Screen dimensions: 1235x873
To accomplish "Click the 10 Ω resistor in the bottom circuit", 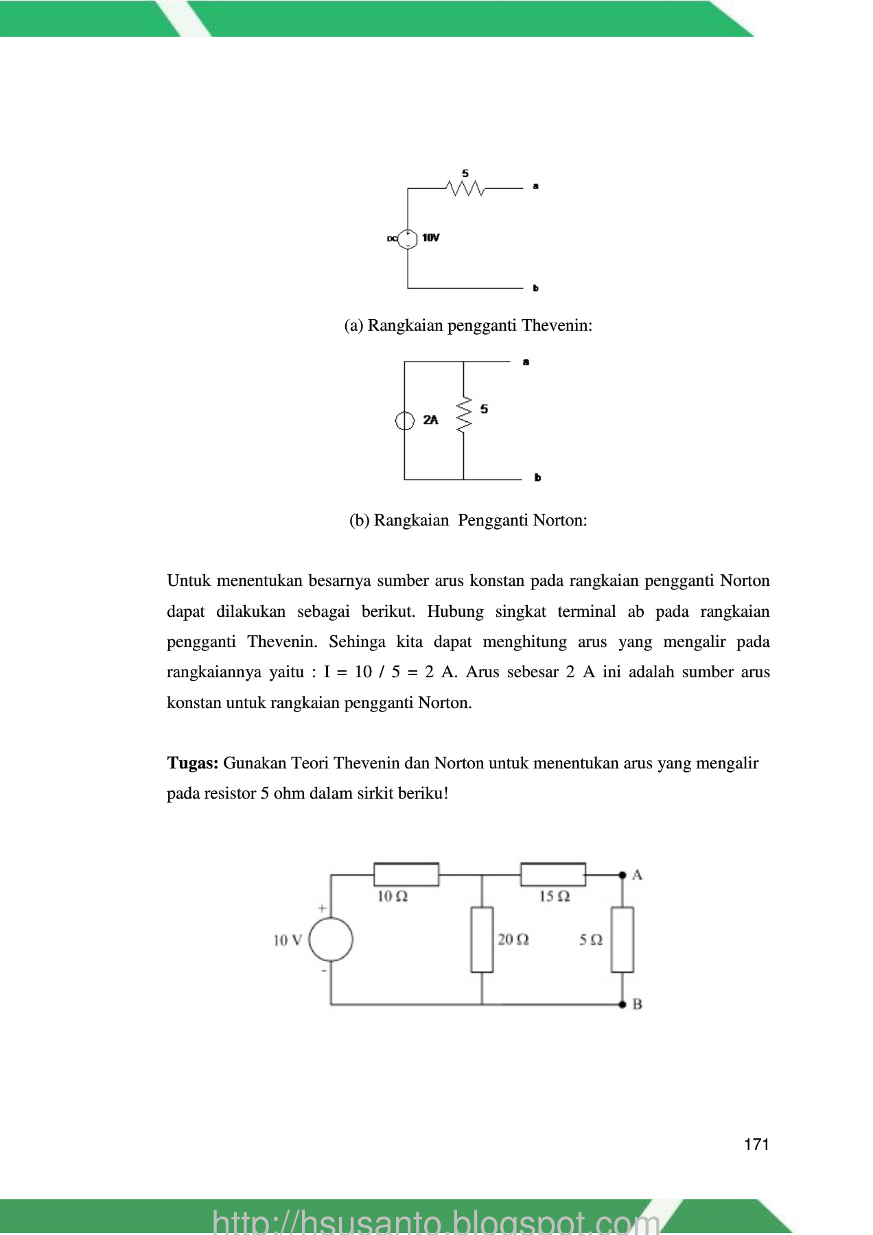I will [406, 875].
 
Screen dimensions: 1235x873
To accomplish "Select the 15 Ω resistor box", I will [553, 875].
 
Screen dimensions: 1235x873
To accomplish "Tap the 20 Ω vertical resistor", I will [482, 939].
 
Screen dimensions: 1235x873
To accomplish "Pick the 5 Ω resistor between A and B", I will [622, 939].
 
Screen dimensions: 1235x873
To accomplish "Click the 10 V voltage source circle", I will [331, 940].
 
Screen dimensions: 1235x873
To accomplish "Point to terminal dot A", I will [622, 875].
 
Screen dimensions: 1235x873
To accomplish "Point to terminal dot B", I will [622, 1004].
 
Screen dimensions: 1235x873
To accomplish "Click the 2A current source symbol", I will [404, 421].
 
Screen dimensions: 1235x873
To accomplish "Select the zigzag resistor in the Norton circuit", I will [464, 414].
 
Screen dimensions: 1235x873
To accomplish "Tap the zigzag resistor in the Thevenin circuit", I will [465, 188].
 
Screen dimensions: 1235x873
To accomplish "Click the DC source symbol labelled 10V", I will [408, 238].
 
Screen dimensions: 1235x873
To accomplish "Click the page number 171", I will [756, 1144].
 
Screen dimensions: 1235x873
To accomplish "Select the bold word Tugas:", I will [193, 763].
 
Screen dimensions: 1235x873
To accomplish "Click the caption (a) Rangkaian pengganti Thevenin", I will [468, 325].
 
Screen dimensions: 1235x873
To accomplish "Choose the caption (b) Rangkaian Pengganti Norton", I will [468, 520].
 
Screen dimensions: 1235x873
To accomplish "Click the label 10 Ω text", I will [393, 896].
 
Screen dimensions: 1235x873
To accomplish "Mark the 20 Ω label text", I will [513, 939].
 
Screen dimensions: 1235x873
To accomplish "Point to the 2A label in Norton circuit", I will [430, 420].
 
